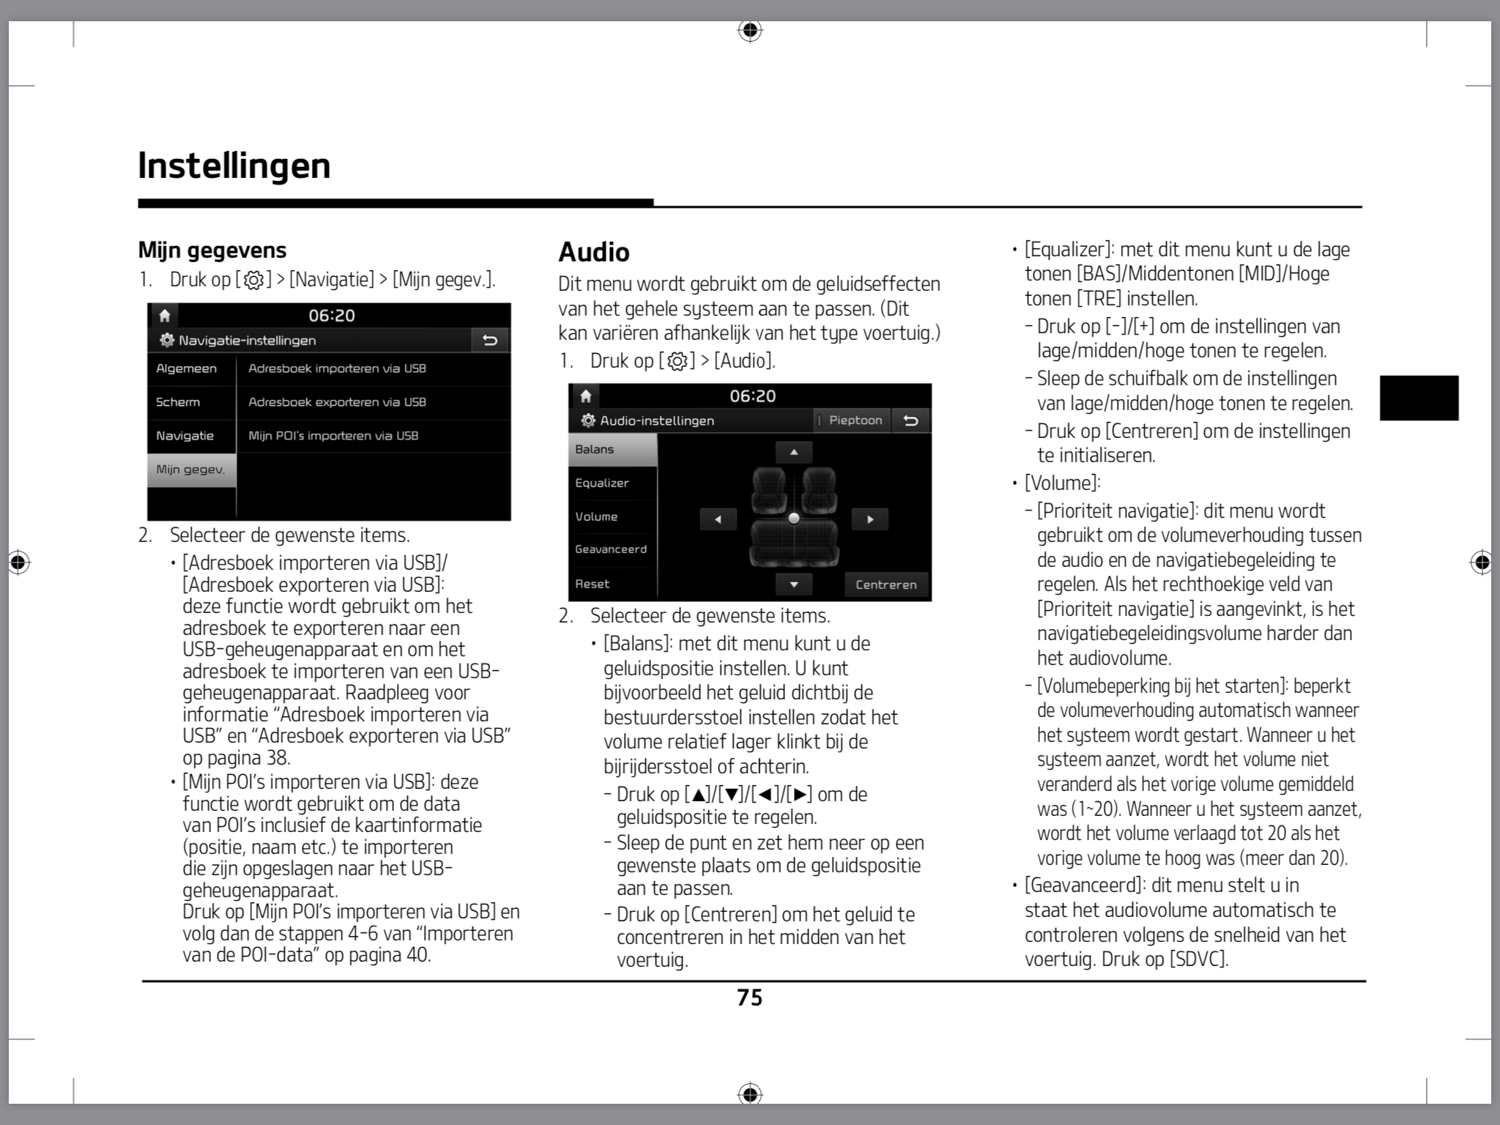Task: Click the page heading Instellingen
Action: pos(234,166)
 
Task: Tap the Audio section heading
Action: pos(594,252)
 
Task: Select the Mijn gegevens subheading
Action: pos(212,250)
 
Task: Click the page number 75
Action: pos(749,998)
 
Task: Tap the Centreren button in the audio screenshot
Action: pos(886,584)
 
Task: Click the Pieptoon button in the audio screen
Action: pos(854,420)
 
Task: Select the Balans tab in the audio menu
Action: pos(612,449)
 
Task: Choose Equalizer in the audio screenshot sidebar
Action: pos(612,483)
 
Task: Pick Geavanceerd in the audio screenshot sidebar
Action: pos(612,549)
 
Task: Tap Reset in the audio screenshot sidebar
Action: pos(612,584)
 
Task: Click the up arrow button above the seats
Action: pos(794,452)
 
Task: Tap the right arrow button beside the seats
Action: pos(870,519)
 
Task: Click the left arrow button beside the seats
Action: pos(718,519)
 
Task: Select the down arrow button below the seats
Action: pos(794,584)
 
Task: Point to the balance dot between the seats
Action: pos(794,519)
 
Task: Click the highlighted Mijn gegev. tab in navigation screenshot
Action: pos(191,469)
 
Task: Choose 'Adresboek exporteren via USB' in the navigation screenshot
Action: pos(337,402)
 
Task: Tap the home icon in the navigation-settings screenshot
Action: pos(165,316)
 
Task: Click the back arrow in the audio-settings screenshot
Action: pos(911,420)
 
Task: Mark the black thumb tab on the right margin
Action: pos(1419,398)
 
